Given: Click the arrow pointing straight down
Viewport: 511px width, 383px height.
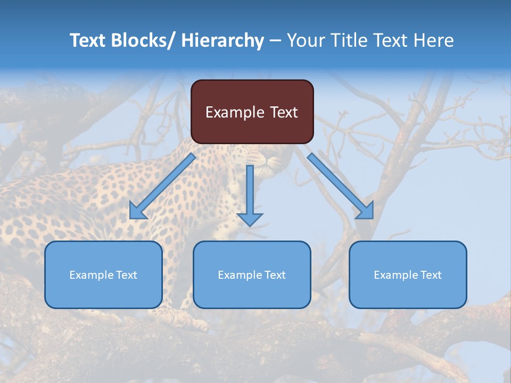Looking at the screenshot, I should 250,191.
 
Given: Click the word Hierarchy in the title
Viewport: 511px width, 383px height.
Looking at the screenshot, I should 222,40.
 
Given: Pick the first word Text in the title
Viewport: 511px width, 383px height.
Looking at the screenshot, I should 88,40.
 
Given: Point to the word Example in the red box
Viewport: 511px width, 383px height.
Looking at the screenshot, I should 235,112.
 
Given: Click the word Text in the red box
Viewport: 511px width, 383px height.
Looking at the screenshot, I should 283,112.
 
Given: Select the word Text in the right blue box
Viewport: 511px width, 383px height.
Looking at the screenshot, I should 431,275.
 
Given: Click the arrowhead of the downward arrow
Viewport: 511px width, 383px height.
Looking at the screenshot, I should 250,219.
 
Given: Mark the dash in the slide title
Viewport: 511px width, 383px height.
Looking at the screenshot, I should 275,41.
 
